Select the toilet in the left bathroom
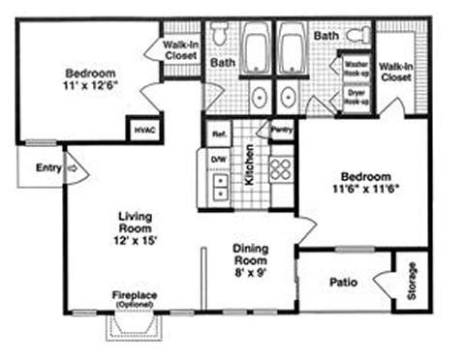tap(219, 37)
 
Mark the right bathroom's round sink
tap(288, 98)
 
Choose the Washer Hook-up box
tap(356, 69)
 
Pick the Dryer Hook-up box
tap(356, 97)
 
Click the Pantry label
tap(282, 128)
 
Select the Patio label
tap(343, 283)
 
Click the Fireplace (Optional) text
tap(134, 298)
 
